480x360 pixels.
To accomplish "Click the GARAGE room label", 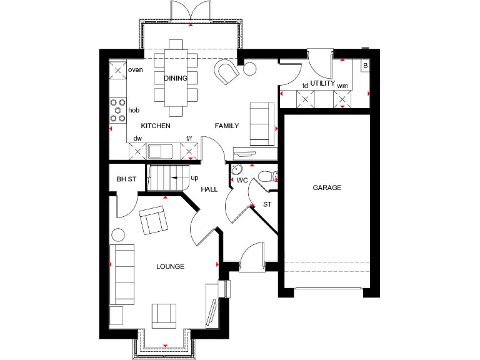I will pyautogui.click(x=327, y=187).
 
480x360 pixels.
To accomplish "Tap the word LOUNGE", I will pyautogui.click(x=170, y=266).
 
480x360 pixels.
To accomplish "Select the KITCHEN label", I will pyautogui.click(x=156, y=126).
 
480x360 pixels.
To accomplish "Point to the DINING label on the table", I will pyautogui.click(x=176, y=78).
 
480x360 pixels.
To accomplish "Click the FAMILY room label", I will pyautogui.click(x=227, y=126).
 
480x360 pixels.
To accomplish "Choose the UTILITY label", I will pyautogui.click(x=323, y=83).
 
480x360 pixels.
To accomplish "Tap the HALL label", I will pyautogui.click(x=209, y=189).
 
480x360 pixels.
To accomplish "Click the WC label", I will pyautogui.click(x=242, y=181).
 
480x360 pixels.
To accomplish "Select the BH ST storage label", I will pyautogui.click(x=126, y=179).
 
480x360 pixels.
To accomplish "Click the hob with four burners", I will pyautogui.click(x=117, y=110).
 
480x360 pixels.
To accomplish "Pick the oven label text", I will pyautogui.click(x=136, y=70).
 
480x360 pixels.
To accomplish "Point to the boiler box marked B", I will pyautogui.click(x=365, y=66).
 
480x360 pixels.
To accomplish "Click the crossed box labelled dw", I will pyautogui.click(x=136, y=151).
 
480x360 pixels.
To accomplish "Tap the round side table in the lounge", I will pyautogui.click(x=117, y=236).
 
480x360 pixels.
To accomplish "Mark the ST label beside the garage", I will pyautogui.click(x=267, y=204).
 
